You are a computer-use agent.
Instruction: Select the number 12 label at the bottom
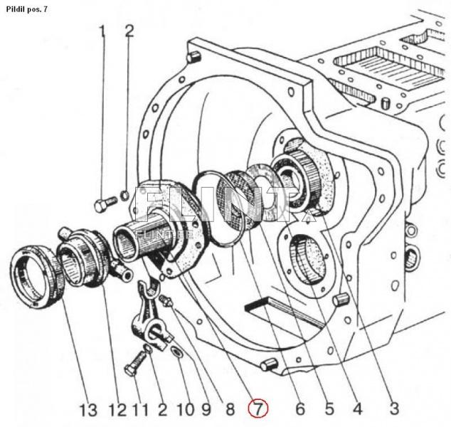[x=117, y=410]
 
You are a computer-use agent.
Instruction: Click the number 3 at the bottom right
[x=393, y=409]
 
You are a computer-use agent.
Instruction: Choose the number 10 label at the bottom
[x=185, y=410]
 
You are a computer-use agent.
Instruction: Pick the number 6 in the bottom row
[x=299, y=409]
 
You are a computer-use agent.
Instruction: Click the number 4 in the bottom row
[x=357, y=409]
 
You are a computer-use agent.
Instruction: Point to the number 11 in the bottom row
[x=139, y=410]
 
